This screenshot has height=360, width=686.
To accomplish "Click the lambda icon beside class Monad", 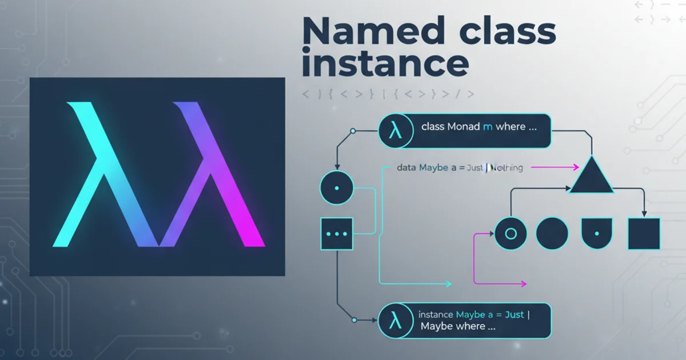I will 394,131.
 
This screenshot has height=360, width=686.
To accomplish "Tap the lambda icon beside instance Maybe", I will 394,320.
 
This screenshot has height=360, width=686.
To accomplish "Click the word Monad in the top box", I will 464,127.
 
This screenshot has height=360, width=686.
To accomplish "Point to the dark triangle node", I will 591,177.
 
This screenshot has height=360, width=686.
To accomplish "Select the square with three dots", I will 337,234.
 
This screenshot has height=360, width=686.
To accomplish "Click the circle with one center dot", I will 337,187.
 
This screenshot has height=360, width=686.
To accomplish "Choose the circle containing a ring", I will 510,234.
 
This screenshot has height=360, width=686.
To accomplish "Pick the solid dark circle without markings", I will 552,234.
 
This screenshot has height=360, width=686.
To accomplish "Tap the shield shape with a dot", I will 597,234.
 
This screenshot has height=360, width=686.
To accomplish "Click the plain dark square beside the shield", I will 644,234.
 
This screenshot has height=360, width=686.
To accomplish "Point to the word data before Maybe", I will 406,168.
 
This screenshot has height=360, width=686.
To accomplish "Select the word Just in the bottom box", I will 513,314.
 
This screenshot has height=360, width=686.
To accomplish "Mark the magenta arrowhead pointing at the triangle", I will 576,168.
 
